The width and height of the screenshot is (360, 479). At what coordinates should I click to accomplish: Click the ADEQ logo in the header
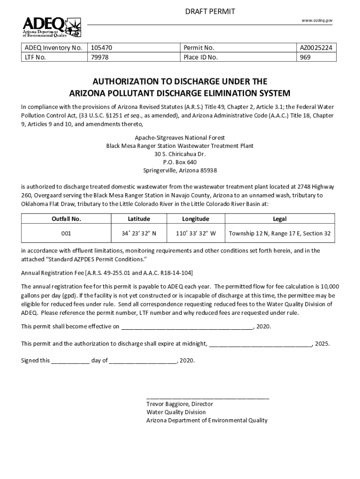[x=52, y=27]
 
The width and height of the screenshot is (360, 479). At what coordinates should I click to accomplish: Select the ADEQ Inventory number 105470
[x=101, y=48]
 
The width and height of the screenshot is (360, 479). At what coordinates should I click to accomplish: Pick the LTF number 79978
[x=99, y=58]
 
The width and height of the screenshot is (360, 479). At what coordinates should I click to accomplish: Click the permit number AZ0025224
[x=317, y=48]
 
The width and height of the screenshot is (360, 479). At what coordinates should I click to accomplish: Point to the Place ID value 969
[x=306, y=58]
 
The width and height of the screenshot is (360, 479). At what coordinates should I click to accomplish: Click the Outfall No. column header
[x=66, y=219]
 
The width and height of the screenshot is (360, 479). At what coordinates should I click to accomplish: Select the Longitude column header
[x=195, y=219]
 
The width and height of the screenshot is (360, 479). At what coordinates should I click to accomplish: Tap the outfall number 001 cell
[x=66, y=233]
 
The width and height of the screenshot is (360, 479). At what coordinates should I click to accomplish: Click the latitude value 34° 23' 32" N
[x=139, y=233]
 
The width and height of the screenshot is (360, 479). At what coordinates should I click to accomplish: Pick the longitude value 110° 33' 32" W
[x=195, y=233]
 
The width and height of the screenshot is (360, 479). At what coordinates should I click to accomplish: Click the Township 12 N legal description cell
[x=279, y=233]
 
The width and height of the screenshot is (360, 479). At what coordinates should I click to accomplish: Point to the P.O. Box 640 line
[x=180, y=162]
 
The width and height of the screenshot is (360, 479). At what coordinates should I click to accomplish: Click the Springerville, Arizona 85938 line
[x=180, y=170]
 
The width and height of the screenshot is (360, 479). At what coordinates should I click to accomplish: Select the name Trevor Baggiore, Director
[x=180, y=404]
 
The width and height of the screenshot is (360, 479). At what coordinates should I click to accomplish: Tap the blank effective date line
[x=187, y=327]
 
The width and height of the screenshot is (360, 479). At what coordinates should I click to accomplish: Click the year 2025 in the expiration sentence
[x=322, y=344]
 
